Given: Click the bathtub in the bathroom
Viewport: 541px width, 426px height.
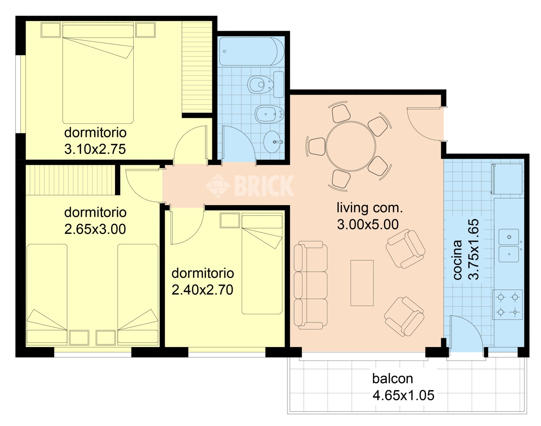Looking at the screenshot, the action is [252, 52].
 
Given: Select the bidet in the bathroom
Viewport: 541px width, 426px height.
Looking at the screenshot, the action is [269, 114].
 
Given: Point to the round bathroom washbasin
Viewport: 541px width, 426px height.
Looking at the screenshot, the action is [272, 142].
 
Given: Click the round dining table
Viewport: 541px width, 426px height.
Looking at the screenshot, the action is [351, 146].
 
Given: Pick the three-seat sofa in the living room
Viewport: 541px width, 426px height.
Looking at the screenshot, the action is [311, 285].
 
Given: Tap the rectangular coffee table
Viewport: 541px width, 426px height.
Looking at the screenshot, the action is [362, 283].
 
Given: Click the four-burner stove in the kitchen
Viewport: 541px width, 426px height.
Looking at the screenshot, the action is [507, 305].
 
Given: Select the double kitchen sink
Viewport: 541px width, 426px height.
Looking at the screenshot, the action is [509, 246].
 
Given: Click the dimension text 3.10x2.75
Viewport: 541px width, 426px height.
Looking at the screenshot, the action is [95, 149].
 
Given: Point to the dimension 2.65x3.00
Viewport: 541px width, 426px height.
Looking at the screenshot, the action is [95, 229].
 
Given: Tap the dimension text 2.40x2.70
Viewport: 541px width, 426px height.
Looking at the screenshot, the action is [203, 290].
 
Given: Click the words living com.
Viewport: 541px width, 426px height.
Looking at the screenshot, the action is [369, 208].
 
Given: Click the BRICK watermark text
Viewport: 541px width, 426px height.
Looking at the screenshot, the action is [264, 186].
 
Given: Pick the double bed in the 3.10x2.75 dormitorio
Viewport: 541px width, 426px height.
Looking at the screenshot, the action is [98, 73].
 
